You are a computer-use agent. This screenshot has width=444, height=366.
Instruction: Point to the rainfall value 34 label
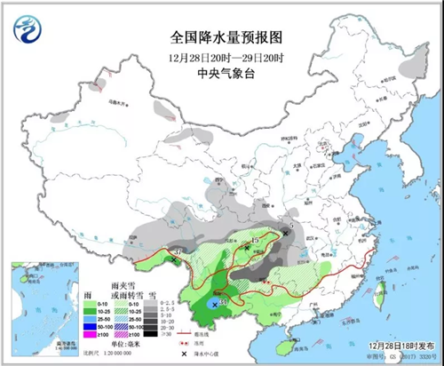pos(223,306)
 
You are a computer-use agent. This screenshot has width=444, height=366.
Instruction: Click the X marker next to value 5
pos(284,232)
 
